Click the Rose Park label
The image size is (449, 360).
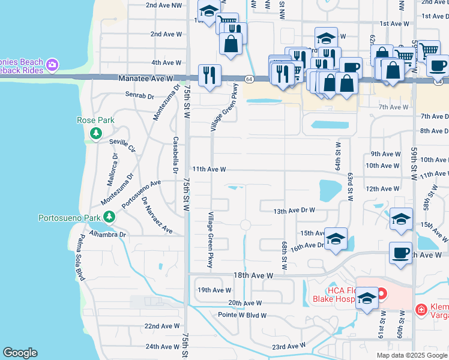pos(95,120)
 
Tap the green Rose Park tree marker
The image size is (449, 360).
pos(95,133)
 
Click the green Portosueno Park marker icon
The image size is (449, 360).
pos(109,217)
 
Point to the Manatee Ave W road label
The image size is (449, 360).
pos(145,79)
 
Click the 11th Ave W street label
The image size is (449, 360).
pos(208,170)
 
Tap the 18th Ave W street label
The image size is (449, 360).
pos(253,275)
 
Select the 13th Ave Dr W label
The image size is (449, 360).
pos(294,211)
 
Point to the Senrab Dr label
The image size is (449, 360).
pos(140,94)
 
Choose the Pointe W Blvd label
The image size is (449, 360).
pos(240,314)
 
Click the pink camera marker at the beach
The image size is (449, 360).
pos(52,64)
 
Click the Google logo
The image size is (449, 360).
pos(20,353)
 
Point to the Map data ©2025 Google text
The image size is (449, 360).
pos(411,355)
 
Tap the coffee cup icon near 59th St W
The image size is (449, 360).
pos(400,253)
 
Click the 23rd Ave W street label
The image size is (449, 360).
pos(288,346)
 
